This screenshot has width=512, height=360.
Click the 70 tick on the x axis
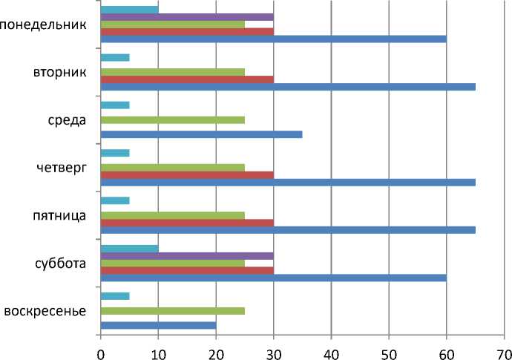pyautogui.click(x=505, y=348)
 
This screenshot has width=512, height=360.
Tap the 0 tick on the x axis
pyautogui.click(x=100, y=348)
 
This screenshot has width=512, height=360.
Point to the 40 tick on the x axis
pyautogui.click(x=331, y=348)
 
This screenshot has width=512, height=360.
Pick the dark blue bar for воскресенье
pyautogui.click(x=157, y=325)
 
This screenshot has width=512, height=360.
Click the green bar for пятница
pyautogui.click(x=172, y=215)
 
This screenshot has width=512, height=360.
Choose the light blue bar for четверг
pyautogui.click(x=115, y=153)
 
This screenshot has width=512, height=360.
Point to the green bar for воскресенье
pyautogui.click(x=172, y=310)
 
